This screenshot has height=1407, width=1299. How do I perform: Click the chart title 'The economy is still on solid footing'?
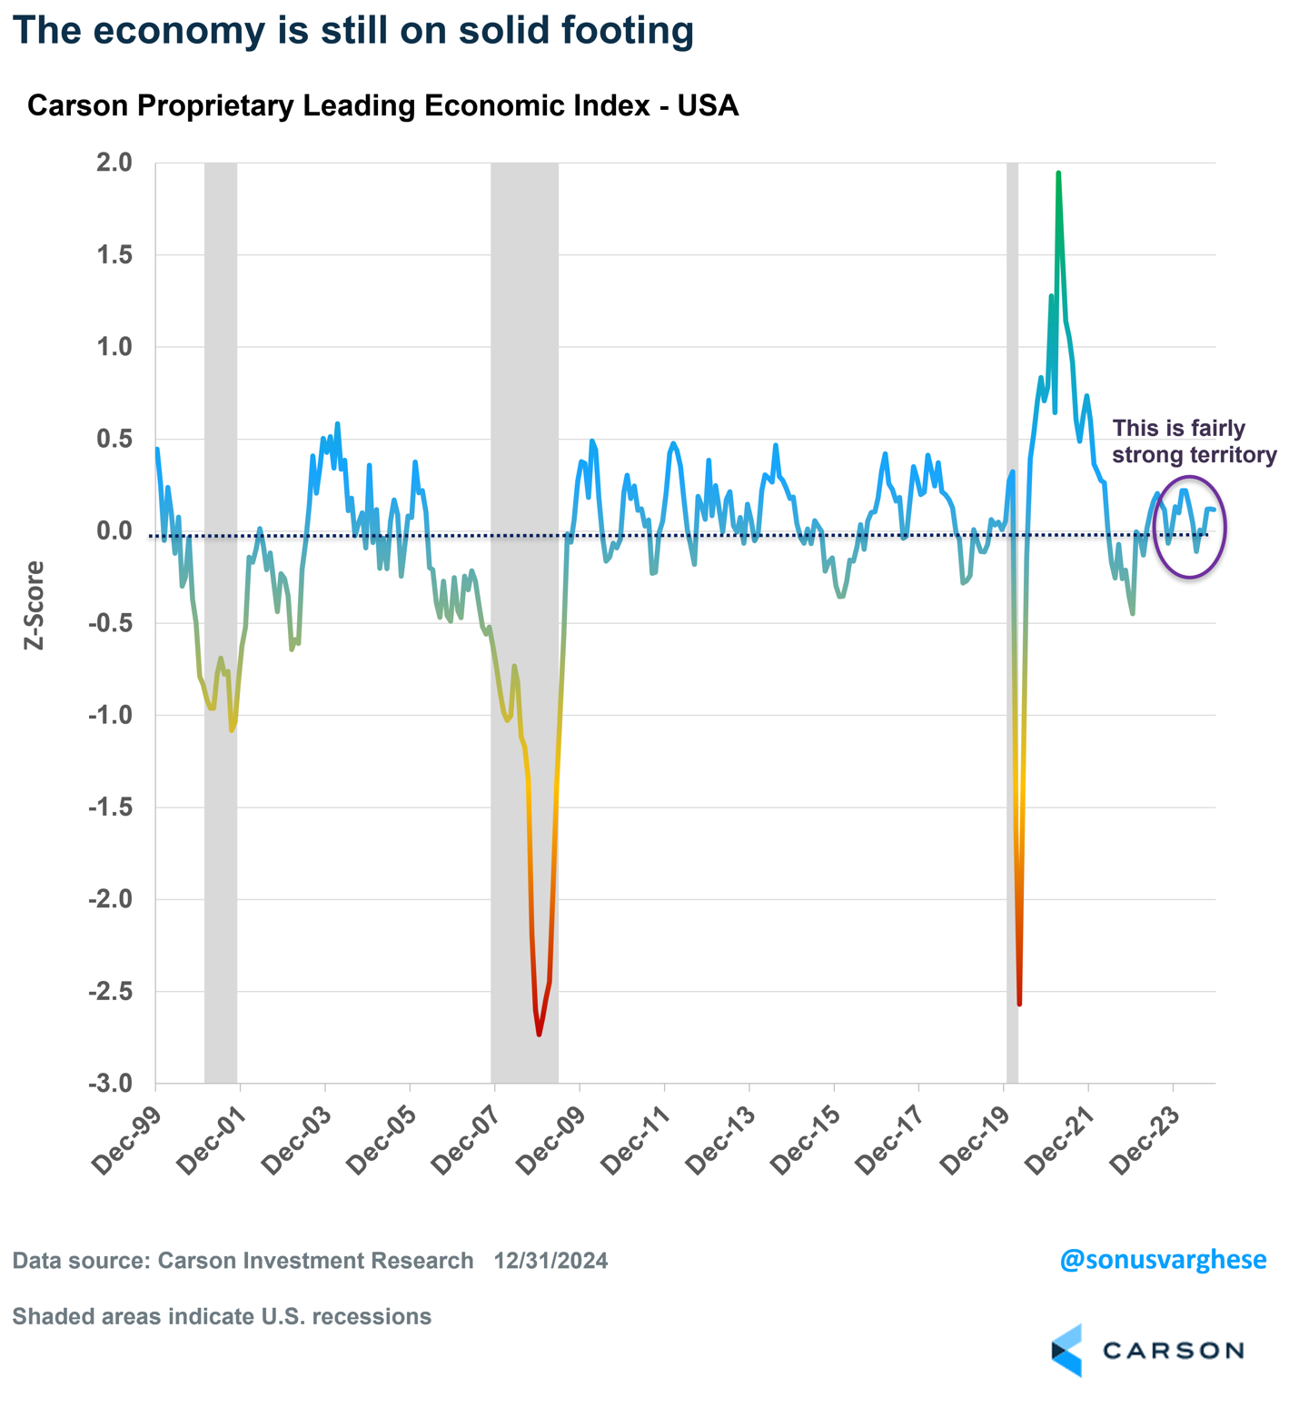coord(352,30)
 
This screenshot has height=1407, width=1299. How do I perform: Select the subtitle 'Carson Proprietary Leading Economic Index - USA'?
coord(382,105)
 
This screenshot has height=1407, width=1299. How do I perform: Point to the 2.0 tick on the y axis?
coord(114,163)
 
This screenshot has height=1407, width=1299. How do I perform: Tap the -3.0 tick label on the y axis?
coord(110,1084)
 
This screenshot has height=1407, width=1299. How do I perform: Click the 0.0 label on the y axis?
coord(114,531)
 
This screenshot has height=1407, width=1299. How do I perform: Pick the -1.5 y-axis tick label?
coord(110,808)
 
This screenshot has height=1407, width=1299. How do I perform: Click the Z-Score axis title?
coord(35,605)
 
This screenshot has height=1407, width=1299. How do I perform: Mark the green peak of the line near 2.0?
coord(1058,173)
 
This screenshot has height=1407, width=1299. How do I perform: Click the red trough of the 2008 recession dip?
coord(539,1034)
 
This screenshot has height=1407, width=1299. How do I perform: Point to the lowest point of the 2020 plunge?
coord(1019,1004)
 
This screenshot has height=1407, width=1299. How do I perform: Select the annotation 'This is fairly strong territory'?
coord(1194,441)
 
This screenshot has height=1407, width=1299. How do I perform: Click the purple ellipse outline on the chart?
coord(1225,527)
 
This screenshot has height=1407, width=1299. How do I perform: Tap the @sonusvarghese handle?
coord(1163,1260)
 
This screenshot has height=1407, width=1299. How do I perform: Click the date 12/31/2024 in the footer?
coord(550,1261)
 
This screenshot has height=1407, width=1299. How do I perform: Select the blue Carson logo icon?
coord(1068,1350)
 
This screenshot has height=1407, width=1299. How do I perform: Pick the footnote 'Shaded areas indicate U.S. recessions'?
coord(222,1316)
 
